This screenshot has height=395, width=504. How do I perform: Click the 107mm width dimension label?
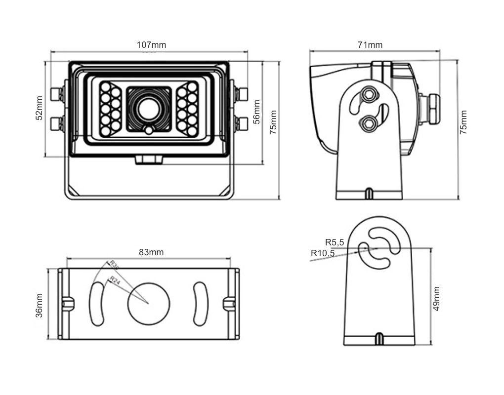point(151,45)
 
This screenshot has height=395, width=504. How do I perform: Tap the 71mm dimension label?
point(370,45)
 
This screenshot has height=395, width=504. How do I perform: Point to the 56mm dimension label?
point(256,112)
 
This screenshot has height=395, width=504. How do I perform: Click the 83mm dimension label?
point(151,252)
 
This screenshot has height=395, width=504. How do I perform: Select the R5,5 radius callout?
point(334,242)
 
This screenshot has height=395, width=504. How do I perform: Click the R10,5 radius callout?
point(322,253)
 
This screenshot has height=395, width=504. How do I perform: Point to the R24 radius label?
point(115,280)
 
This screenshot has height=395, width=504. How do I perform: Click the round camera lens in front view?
point(148,109)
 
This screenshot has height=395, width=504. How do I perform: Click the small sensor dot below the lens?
point(148,130)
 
